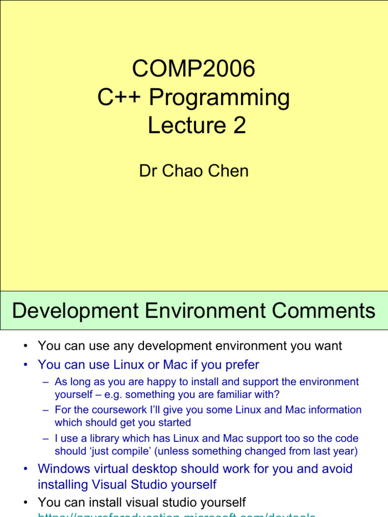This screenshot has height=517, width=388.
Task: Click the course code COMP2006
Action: click(x=193, y=69)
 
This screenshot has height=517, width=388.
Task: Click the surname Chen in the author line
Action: click(x=230, y=171)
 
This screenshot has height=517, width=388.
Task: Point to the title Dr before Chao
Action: click(x=147, y=171)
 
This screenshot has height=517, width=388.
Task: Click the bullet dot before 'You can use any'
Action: click(x=25, y=346)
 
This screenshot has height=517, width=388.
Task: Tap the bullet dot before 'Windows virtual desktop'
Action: click(x=25, y=469)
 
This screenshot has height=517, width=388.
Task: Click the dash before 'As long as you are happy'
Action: click(x=46, y=382)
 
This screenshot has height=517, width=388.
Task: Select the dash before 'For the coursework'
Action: click(x=46, y=410)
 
